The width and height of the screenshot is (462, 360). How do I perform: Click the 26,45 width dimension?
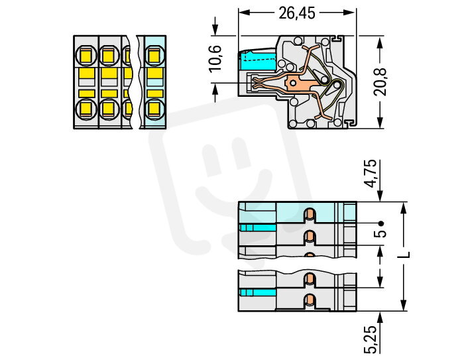pyautogui.click(x=297, y=13)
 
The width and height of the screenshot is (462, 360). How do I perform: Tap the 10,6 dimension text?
pyautogui.click(x=215, y=58)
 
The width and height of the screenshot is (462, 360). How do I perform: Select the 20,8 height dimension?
pyautogui.click(x=380, y=82)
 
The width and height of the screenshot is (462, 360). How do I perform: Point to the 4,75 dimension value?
pyautogui.click(x=371, y=173)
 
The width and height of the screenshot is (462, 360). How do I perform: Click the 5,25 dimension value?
pyautogui.click(x=371, y=339)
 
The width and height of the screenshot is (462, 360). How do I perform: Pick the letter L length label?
pyautogui.click(x=404, y=255)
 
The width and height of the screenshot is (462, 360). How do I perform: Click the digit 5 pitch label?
pyautogui.click(x=380, y=234)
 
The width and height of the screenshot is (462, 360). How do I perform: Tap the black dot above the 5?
pyautogui.click(x=381, y=223)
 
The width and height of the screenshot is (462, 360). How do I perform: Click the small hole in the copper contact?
pyautogui.click(x=293, y=82)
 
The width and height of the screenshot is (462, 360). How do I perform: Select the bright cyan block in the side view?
pyautogui.click(x=258, y=61)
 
